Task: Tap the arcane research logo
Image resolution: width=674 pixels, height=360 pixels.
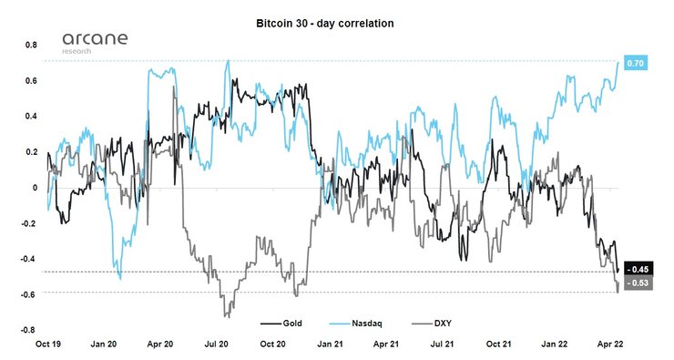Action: tap(95, 43)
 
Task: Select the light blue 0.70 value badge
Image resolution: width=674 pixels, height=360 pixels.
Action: tap(636, 63)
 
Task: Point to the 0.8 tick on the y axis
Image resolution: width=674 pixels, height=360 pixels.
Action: tap(30, 45)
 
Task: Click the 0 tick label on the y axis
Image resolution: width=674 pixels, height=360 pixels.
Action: tap(36, 189)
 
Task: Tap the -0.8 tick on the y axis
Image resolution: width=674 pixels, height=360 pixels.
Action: tap(28, 330)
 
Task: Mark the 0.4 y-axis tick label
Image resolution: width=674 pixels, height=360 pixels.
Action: tap(30, 117)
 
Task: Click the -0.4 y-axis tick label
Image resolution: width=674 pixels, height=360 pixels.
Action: tap(28, 259)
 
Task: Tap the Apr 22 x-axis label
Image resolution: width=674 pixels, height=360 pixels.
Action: tap(608, 346)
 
